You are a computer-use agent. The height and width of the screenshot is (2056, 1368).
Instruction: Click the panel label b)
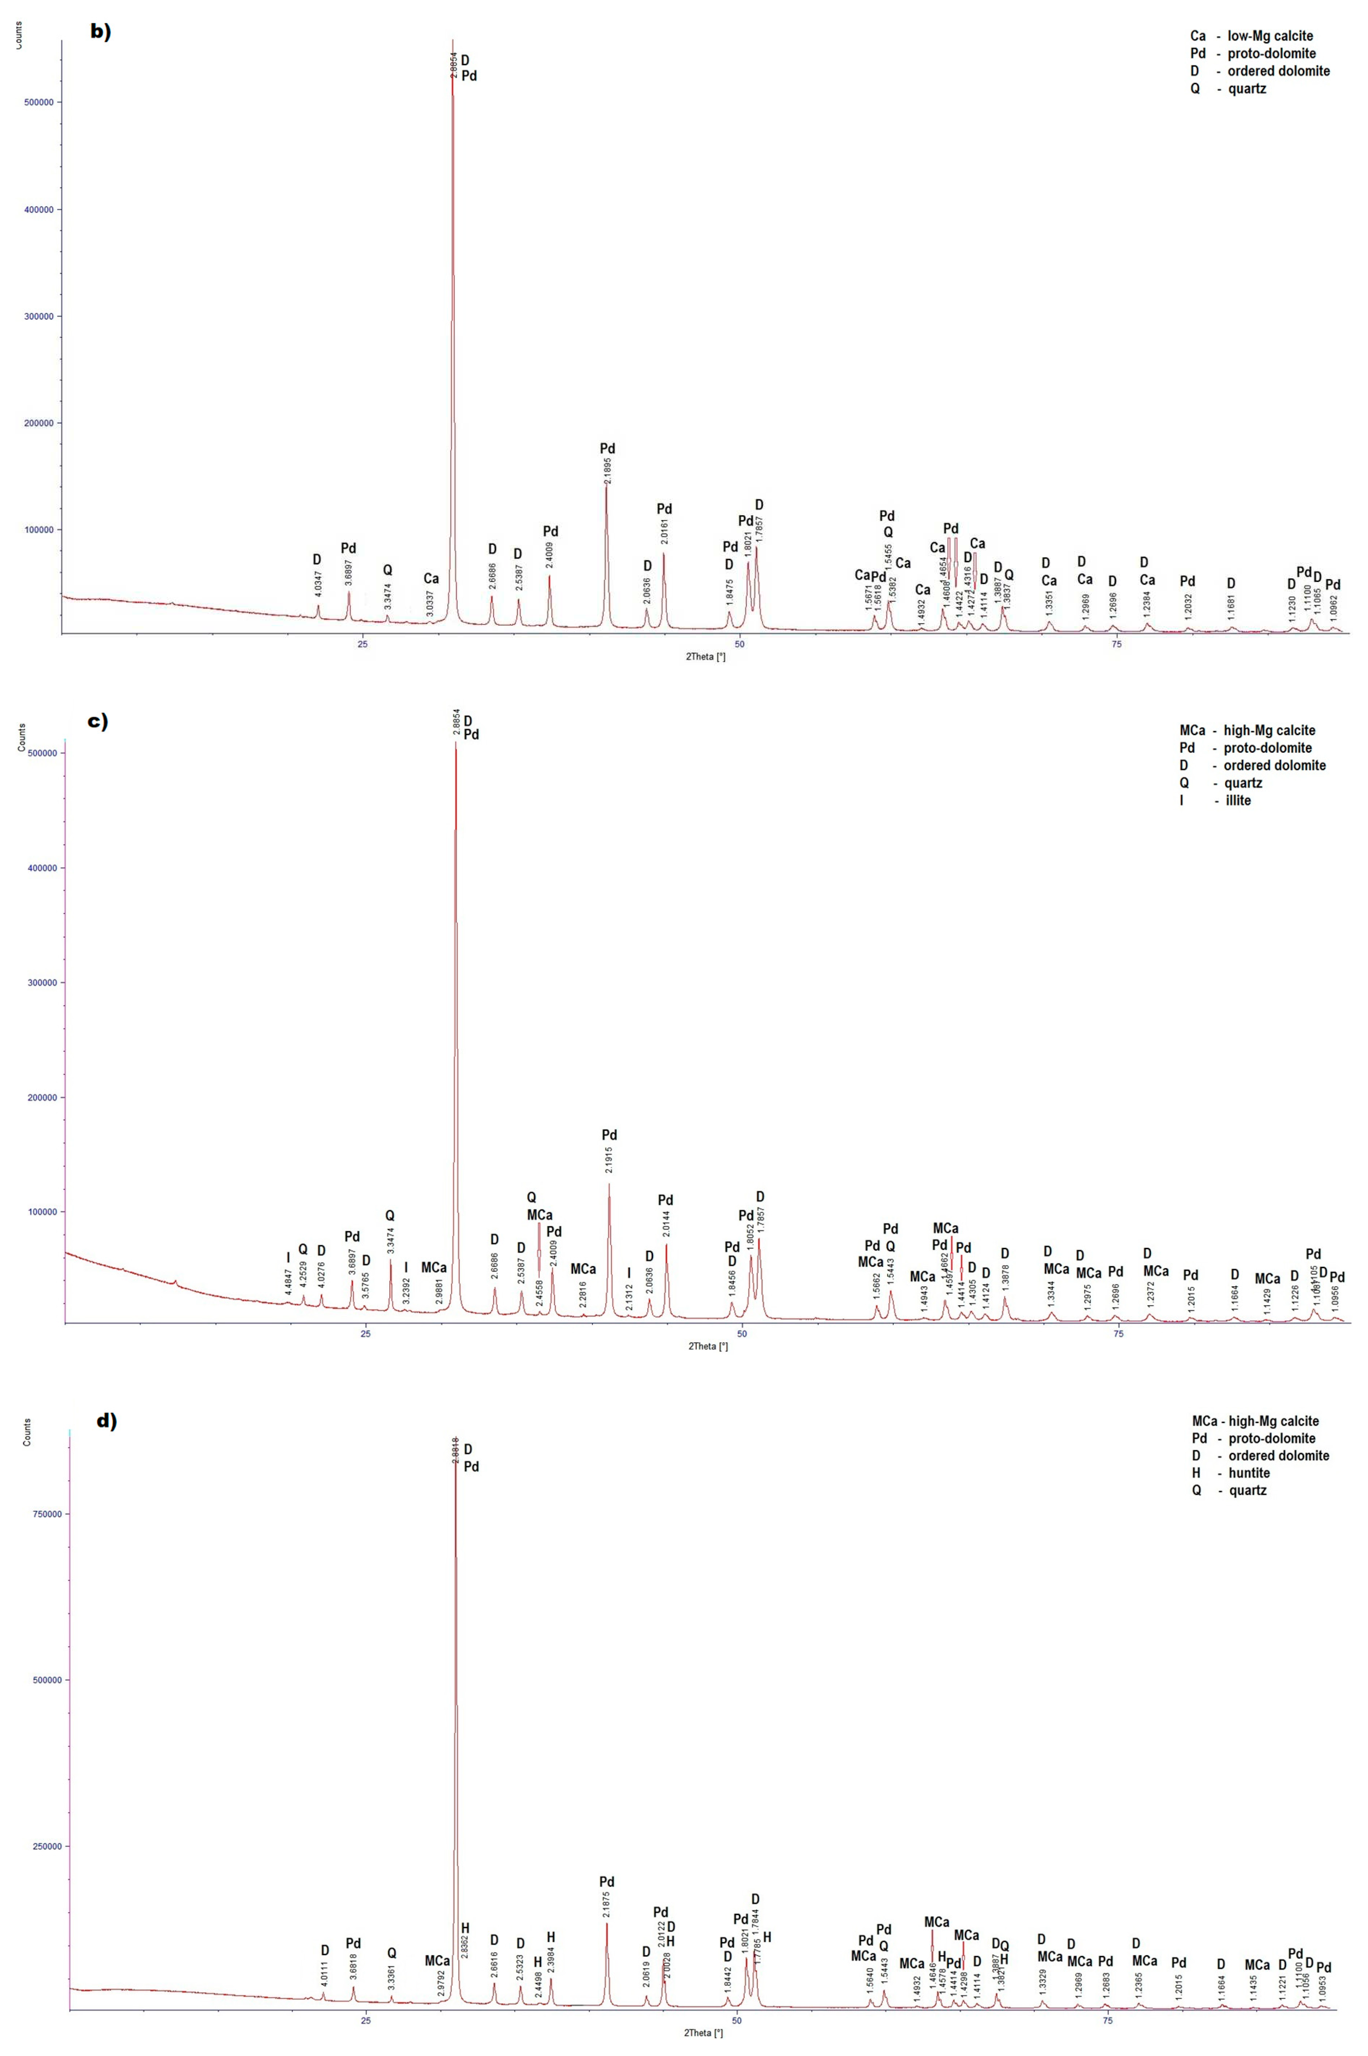pyautogui.click(x=101, y=32)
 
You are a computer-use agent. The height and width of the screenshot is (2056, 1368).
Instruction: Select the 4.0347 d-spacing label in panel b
pyautogui.click(x=317, y=583)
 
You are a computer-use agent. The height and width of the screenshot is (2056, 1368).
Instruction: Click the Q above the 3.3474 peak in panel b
pyautogui.click(x=387, y=570)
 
